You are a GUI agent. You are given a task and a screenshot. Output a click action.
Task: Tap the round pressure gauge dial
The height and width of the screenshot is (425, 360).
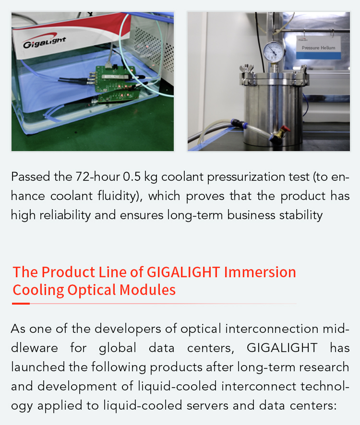click(274, 51)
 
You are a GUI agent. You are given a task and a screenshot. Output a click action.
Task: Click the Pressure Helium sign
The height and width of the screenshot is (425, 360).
click(318, 47)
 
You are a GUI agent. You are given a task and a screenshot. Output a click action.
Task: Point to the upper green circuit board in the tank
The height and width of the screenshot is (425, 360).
click(115, 78)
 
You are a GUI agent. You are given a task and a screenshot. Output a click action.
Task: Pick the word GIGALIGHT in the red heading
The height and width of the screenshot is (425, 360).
click(183, 272)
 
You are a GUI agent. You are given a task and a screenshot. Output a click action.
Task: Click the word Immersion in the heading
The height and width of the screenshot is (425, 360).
click(260, 272)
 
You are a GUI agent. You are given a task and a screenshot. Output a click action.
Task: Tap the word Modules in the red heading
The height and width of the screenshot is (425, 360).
click(147, 290)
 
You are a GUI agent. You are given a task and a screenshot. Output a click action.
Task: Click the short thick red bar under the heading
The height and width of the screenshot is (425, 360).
click(21, 304)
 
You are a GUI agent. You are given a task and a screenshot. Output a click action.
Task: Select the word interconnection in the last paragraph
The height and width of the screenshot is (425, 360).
click(272, 329)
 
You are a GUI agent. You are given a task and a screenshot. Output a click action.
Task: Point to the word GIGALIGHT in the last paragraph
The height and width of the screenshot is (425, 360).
click(282, 348)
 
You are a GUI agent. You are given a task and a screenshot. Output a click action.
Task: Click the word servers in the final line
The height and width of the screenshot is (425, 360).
click(207, 406)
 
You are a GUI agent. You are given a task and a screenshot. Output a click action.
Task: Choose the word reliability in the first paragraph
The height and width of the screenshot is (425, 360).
click(65, 215)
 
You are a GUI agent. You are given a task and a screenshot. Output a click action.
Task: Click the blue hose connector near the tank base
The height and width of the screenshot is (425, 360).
click(239, 124)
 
